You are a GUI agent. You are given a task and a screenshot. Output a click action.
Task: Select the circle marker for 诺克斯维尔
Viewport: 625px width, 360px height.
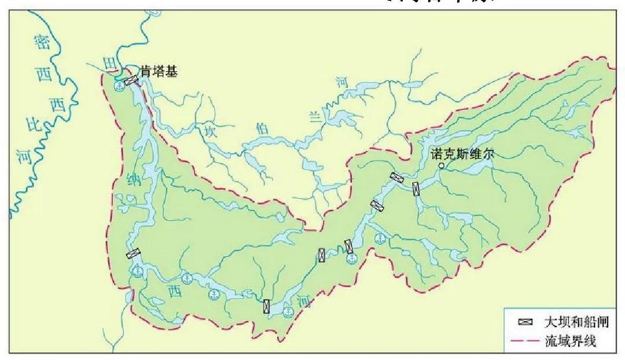[441, 166]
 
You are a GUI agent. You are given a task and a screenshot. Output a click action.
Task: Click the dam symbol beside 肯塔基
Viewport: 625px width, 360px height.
[132, 80]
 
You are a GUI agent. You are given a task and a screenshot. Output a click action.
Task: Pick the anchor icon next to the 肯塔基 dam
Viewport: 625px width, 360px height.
[118, 86]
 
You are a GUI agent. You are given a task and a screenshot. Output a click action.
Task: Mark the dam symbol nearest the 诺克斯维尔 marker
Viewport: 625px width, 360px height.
[416, 188]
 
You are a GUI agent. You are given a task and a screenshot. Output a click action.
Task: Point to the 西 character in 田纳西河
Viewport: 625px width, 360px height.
[174, 289]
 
